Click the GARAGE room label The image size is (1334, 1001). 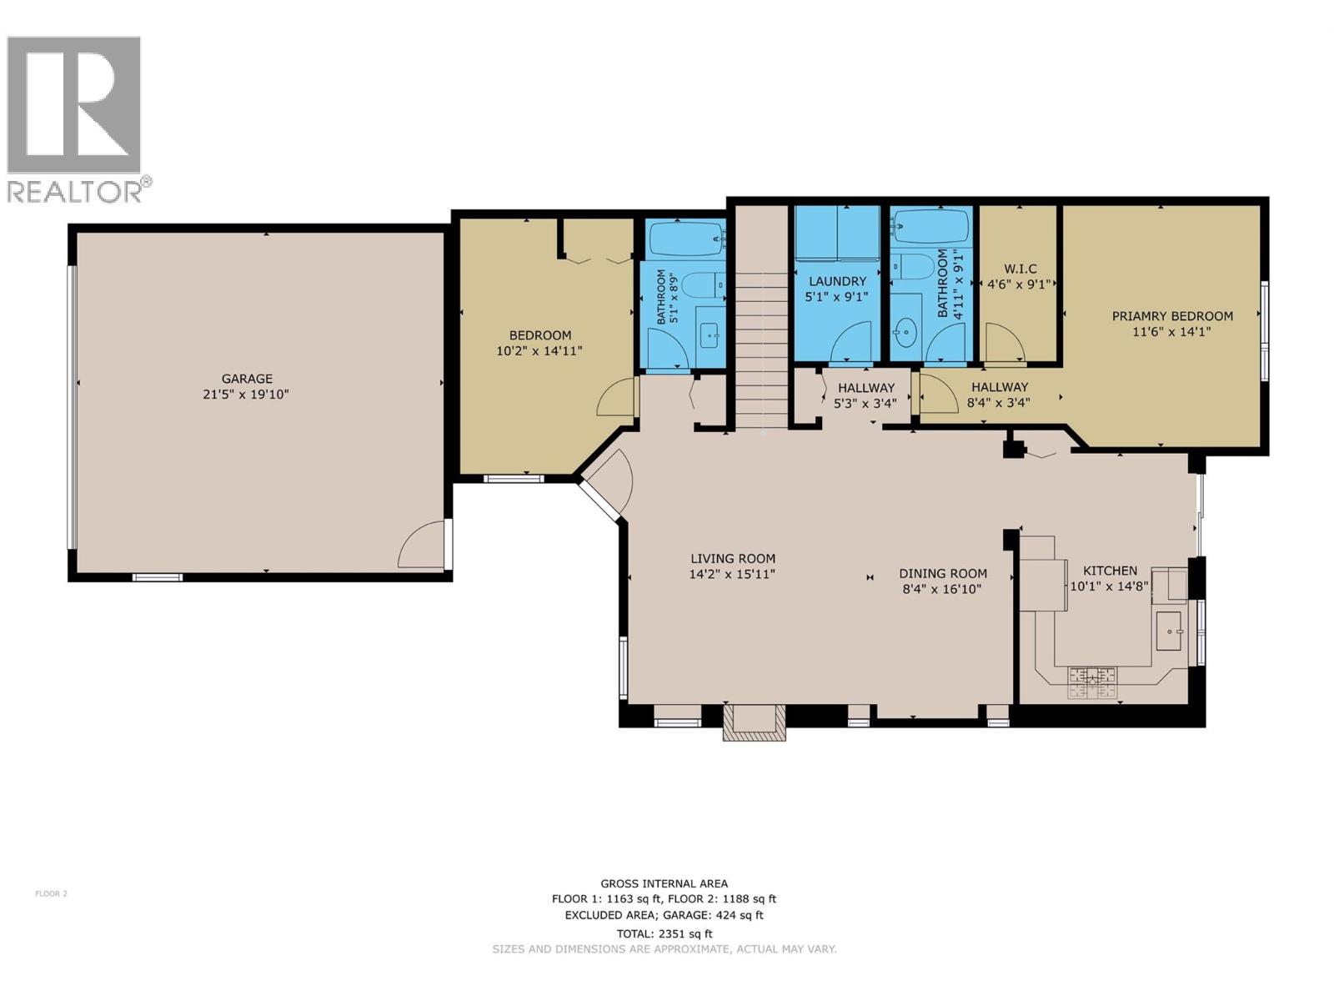[x=247, y=379]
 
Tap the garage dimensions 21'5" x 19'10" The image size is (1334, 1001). [x=246, y=395]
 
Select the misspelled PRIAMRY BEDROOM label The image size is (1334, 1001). [x=1172, y=316]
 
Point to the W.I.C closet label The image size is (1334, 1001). [x=1020, y=269]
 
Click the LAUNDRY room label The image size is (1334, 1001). [x=836, y=282]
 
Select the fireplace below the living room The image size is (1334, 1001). [x=754, y=722]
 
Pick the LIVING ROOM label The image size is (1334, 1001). [x=733, y=559]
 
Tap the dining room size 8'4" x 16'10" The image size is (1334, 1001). [x=943, y=589]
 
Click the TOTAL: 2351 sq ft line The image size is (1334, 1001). [x=664, y=934]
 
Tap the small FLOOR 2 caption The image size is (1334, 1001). [x=51, y=893]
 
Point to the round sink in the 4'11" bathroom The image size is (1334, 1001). [x=904, y=333]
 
